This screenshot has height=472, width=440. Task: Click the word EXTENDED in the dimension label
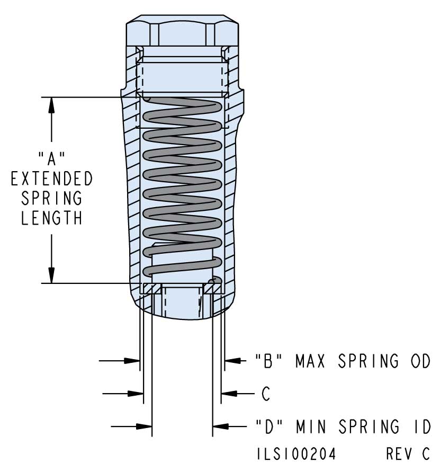[x=51, y=179]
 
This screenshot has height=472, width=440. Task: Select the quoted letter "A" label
[x=51, y=158]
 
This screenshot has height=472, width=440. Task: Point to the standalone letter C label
[x=266, y=394]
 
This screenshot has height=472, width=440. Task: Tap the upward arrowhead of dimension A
[x=51, y=104]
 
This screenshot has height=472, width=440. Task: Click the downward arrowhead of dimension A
[x=51, y=276]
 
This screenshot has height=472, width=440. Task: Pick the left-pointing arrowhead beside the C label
[x=228, y=394]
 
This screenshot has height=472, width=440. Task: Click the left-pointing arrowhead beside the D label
[x=220, y=425]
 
